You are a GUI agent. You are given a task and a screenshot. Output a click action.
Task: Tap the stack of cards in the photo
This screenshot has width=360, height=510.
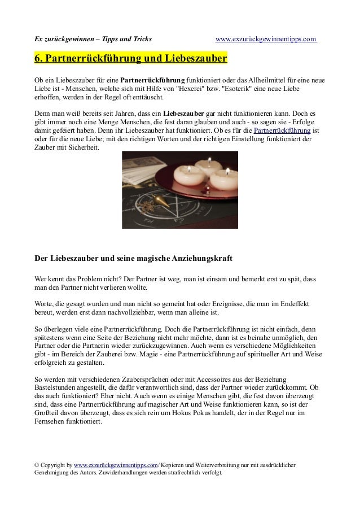point(135,164)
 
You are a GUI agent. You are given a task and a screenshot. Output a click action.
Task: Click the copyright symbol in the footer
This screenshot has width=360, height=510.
point(37,465)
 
